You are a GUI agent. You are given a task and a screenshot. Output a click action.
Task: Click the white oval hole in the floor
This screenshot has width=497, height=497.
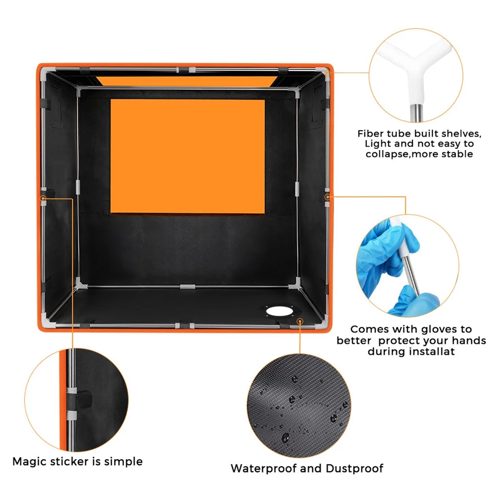coord(279,311)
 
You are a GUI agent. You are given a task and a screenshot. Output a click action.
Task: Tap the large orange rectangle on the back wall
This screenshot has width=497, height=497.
coord(188,156)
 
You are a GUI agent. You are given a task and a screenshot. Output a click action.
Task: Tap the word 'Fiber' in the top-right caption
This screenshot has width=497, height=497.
coord(370,133)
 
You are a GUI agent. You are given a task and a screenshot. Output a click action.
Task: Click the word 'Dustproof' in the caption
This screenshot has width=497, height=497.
coord(354,468)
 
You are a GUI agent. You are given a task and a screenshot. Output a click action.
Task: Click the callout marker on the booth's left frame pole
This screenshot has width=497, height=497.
coord(43,198)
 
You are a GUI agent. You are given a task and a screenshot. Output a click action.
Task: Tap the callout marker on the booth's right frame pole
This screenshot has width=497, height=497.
coord(327,197)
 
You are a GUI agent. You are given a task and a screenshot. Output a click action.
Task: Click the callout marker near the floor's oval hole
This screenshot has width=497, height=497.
coord(300,322)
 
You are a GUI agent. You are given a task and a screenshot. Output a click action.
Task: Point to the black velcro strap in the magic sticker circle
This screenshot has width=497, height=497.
coord(79,400)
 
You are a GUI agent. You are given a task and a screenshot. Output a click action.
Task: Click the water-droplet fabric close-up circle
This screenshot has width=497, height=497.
coord(299,406)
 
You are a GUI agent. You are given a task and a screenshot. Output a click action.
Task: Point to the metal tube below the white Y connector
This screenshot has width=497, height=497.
coord(416,112)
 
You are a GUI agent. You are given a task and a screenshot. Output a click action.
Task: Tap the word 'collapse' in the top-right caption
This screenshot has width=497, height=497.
coord(386,155)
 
